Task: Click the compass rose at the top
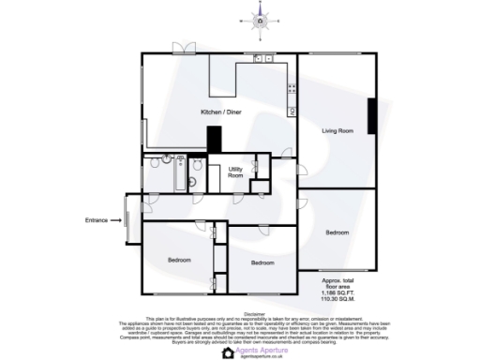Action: pyautogui.click(x=261, y=17)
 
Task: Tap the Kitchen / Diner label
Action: pyautogui.click(x=221, y=112)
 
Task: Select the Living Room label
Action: pyautogui.click(x=337, y=131)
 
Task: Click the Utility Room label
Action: pyautogui.click(x=236, y=172)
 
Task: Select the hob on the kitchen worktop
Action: pyautogui.click(x=292, y=90)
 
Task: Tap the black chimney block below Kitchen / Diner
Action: pyautogui.click(x=215, y=140)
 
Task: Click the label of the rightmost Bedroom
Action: pyautogui.click(x=337, y=232)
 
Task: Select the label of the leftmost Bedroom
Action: pyautogui.click(x=179, y=260)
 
